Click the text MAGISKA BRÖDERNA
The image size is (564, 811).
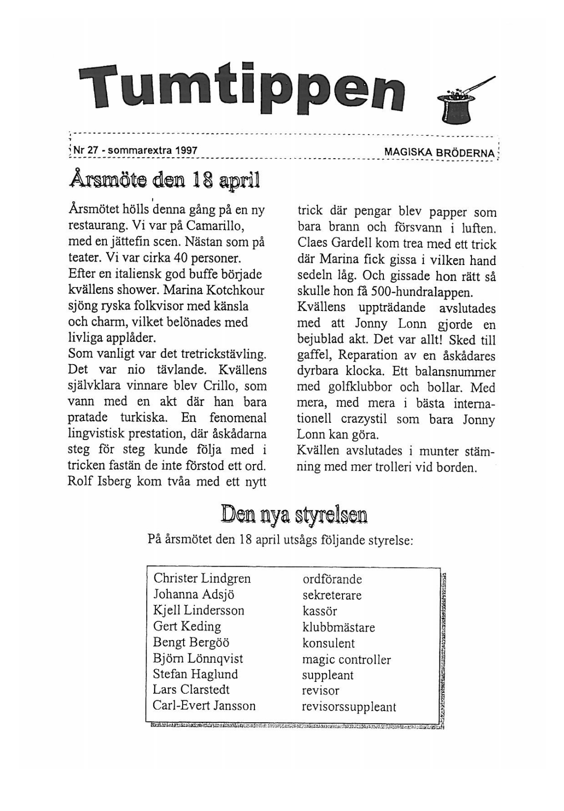[439, 153]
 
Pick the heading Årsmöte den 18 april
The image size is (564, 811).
[164, 181]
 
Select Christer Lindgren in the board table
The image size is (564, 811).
[202, 578]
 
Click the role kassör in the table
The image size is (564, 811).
[320, 611]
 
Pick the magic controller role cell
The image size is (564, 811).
[346, 660]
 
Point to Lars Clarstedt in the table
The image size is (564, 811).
[191, 690]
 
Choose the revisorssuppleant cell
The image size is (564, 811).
[349, 707]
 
